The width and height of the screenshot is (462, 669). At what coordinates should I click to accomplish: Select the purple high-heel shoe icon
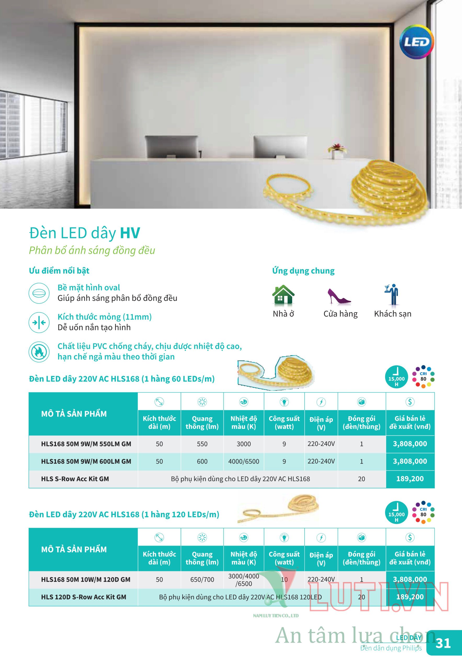point(338,297)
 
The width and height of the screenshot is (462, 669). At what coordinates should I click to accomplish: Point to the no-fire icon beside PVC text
point(39,351)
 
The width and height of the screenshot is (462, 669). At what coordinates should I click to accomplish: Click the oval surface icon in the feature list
point(39,293)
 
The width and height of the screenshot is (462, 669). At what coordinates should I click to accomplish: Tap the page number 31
point(443,643)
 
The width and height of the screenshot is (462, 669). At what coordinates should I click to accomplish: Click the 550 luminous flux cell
point(202,444)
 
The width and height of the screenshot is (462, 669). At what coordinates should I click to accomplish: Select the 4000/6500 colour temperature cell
point(243,461)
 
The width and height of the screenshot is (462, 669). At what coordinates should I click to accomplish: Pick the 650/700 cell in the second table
point(202,579)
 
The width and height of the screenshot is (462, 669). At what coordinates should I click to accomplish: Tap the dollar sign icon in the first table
point(410,402)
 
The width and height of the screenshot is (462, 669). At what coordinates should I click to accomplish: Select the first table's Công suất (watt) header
point(284,423)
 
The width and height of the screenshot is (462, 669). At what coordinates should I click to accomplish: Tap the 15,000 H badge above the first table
point(396,377)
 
